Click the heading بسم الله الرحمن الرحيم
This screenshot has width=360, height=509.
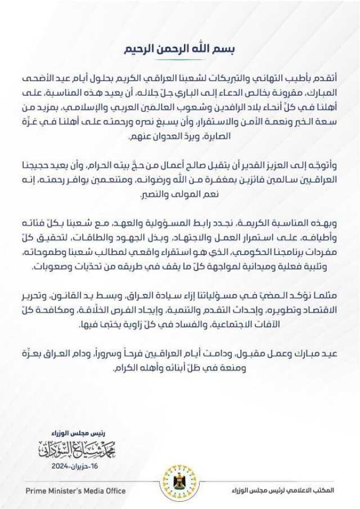point(180,49)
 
